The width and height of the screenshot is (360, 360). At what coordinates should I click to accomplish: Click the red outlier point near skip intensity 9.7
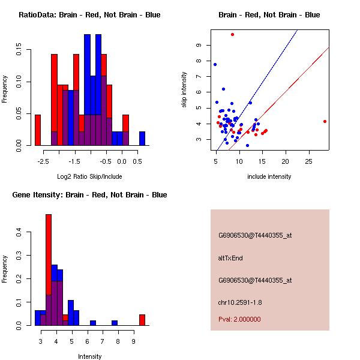click(232, 34)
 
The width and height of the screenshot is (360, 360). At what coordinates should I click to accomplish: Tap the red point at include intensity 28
click(325, 121)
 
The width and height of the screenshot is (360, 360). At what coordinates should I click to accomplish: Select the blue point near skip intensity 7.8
click(215, 64)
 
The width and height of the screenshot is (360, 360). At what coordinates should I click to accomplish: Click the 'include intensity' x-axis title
click(269, 176)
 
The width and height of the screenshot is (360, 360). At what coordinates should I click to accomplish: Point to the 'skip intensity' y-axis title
click(184, 90)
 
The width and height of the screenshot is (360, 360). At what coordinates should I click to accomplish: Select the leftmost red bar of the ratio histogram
click(38, 130)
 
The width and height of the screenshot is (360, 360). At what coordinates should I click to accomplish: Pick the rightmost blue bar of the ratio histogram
click(142, 139)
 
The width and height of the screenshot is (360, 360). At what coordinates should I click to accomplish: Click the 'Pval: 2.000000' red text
click(239, 319)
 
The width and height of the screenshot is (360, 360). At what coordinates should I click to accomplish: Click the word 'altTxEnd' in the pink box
click(230, 258)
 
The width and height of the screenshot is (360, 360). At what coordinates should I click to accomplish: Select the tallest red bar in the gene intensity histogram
click(49, 269)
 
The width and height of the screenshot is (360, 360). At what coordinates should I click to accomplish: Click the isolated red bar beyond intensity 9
click(142, 320)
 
